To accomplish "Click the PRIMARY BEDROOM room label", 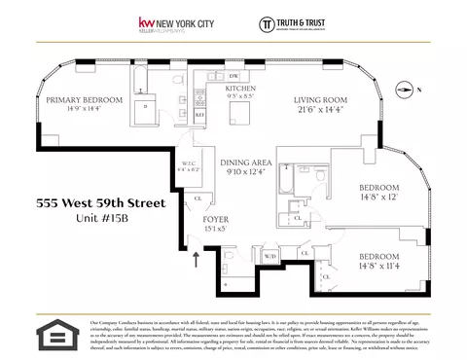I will (x=81, y=99).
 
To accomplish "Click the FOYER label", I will (x=215, y=220).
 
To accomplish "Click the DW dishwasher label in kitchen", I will (x=233, y=75).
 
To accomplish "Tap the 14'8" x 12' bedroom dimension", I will (x=378, y=196).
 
